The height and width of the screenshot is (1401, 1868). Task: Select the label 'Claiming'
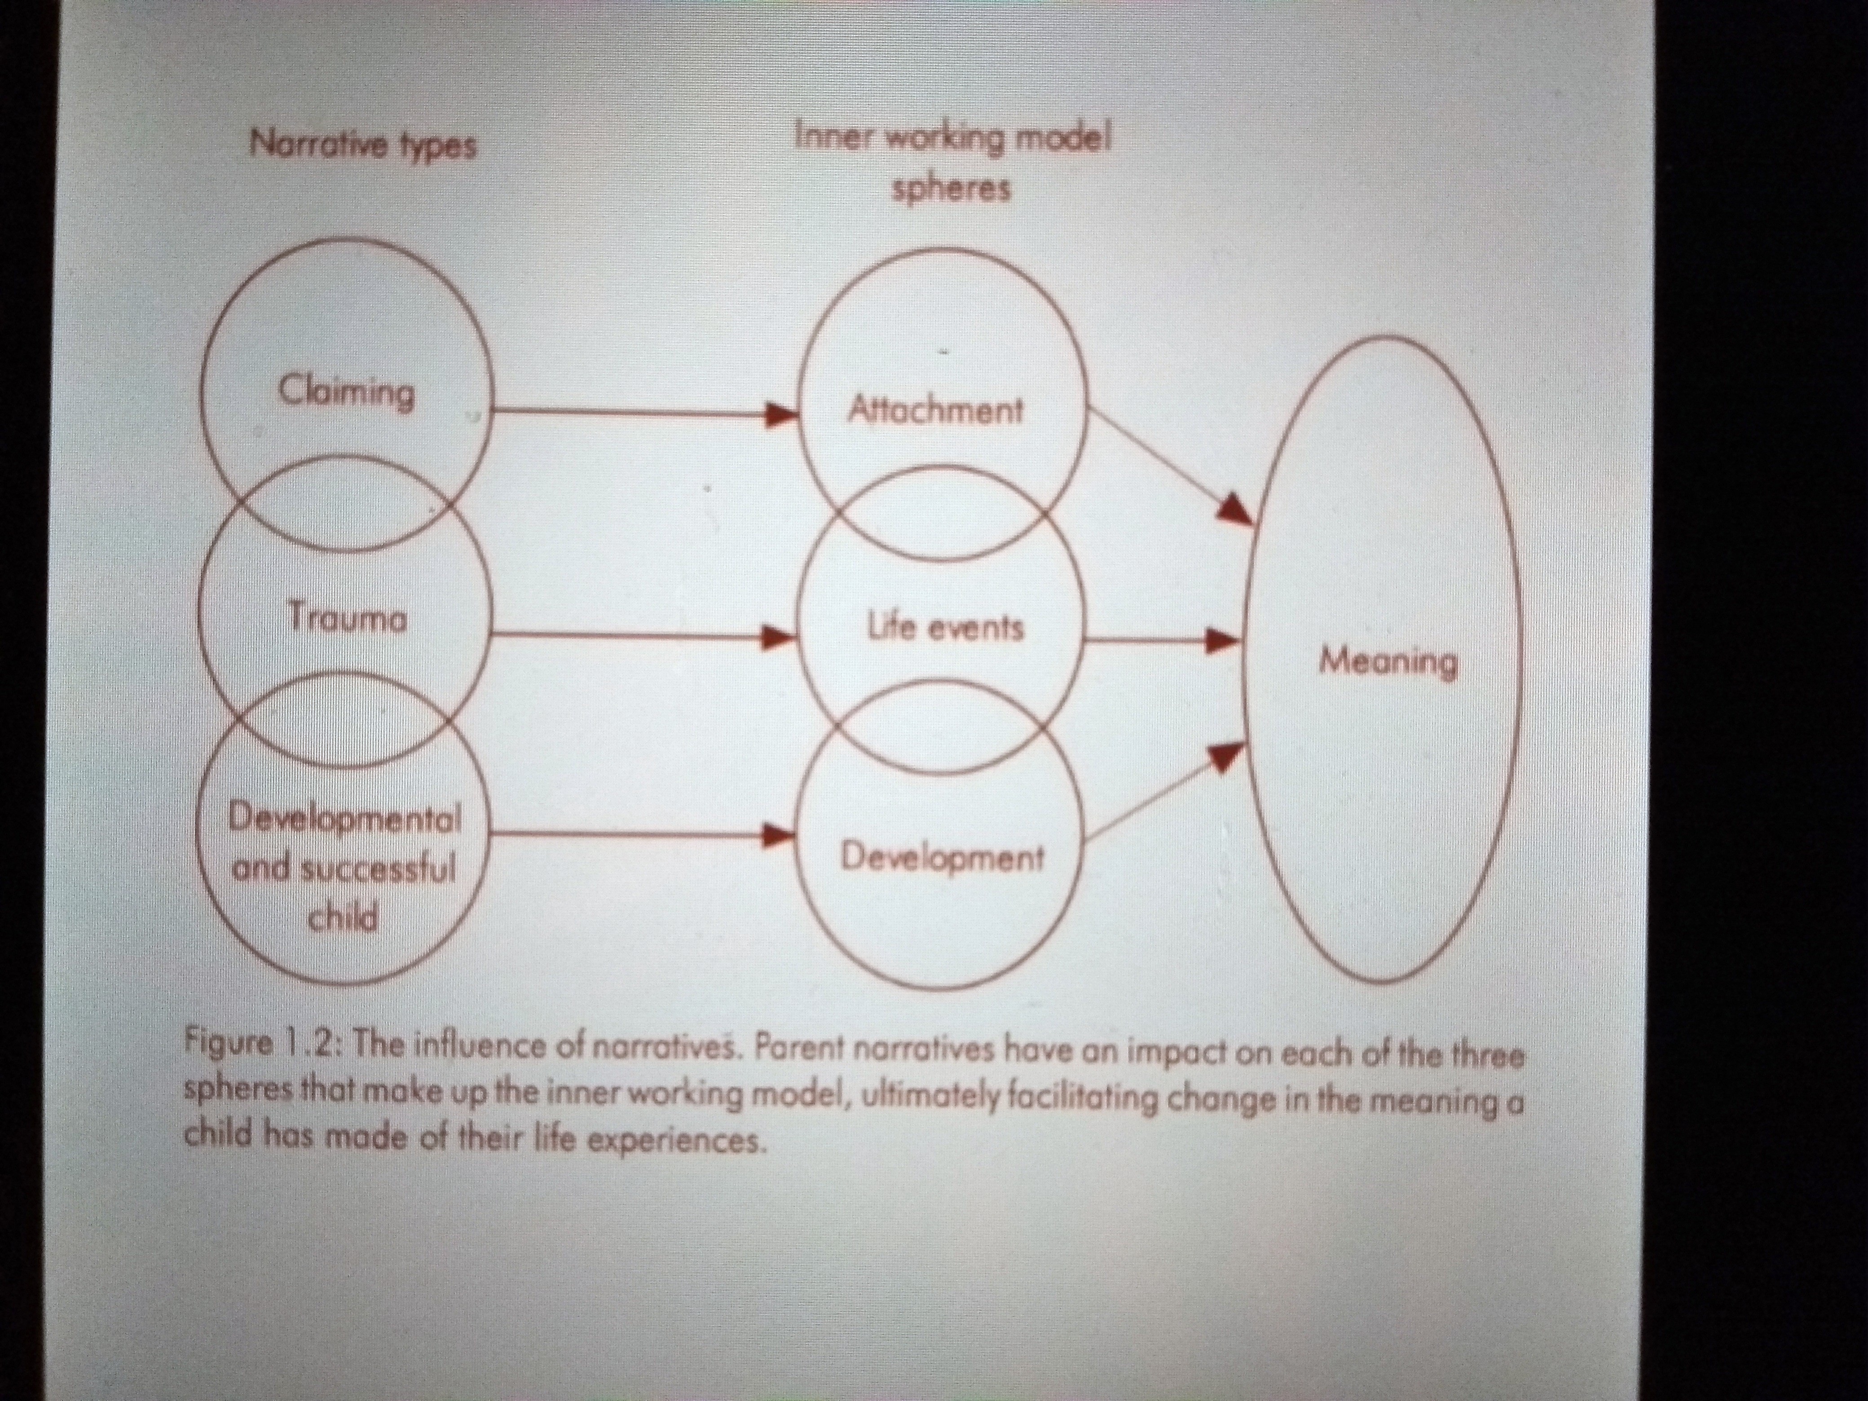[346, 393]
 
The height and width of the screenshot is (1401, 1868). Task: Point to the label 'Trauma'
[346, 618]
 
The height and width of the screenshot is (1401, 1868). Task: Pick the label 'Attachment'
[935, 411]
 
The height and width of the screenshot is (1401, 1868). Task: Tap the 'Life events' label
[946, 627]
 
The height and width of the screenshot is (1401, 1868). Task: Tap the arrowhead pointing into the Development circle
[779, 836]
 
